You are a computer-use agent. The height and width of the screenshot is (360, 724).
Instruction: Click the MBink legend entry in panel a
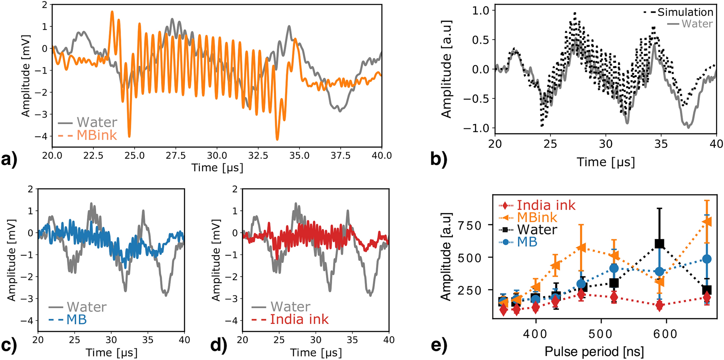[97, 135]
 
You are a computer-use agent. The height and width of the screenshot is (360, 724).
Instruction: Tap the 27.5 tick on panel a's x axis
[176, 156]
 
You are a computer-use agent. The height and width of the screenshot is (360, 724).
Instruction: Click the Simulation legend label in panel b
[685, 12]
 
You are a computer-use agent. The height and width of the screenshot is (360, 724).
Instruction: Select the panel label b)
[439, 159]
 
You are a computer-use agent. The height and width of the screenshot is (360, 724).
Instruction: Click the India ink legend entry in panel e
[546, 205]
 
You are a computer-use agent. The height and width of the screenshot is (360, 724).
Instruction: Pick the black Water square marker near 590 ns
[659, 244]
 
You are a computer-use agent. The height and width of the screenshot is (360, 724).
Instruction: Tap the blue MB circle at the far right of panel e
[707, 259]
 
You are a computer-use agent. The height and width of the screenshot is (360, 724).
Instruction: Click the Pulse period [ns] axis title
[594, 351]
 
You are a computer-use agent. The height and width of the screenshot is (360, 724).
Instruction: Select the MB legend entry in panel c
[77, 319]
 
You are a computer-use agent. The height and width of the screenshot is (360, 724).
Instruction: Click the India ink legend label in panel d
[299, 319]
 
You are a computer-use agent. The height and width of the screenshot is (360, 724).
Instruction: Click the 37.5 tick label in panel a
[340, 156]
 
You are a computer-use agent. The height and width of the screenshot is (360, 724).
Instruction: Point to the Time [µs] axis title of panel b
[605, 162]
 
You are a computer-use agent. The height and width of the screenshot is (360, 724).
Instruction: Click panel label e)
[439, 345]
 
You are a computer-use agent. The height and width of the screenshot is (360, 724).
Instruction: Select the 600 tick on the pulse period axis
[666, 334]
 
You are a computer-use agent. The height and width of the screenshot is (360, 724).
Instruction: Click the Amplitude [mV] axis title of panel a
[26, 76]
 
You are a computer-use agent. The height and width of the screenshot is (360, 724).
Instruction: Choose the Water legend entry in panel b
[697, 24]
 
